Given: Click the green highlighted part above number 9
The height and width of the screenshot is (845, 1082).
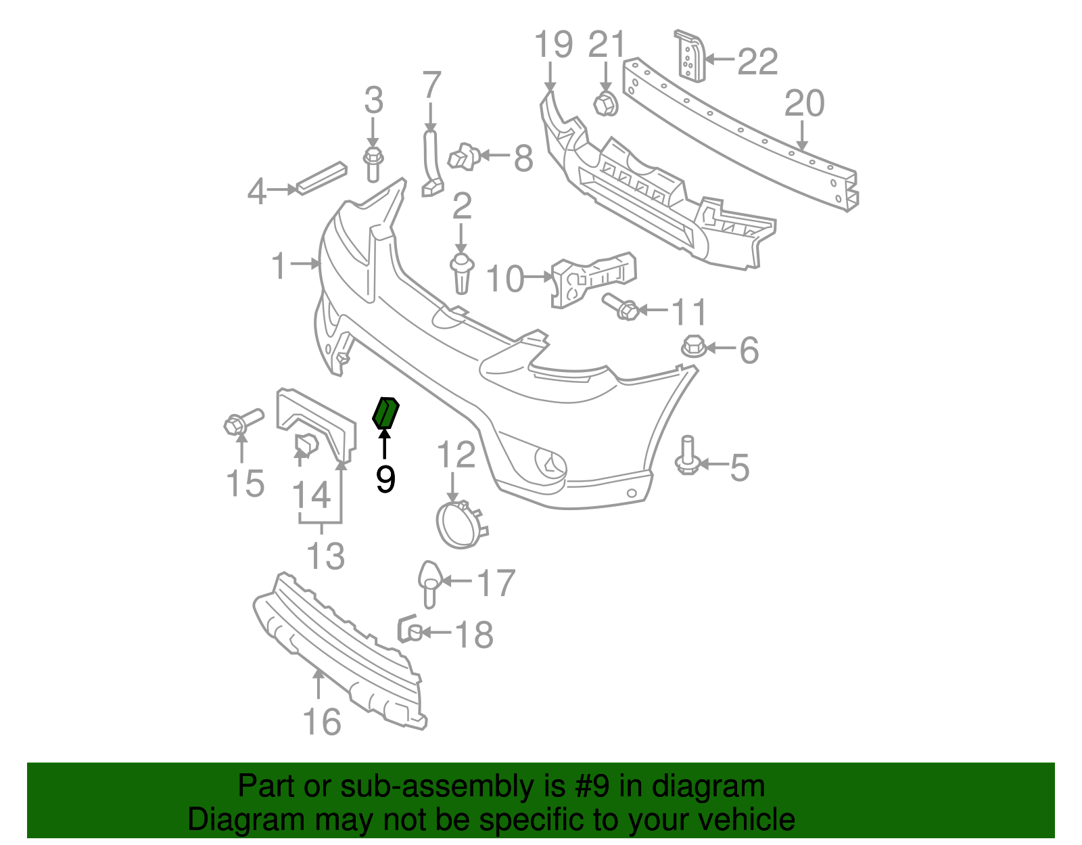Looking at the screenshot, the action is pos(386,413).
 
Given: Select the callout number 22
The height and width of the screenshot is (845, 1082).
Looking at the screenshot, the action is pos(757,62).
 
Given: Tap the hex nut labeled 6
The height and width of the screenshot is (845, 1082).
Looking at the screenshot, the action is pos(694,346).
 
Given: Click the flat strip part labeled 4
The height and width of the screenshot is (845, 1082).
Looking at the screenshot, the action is pos(321,178).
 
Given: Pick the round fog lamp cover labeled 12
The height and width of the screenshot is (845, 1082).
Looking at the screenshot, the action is pos(462,524).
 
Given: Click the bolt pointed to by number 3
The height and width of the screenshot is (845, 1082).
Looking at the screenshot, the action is pos(373,164).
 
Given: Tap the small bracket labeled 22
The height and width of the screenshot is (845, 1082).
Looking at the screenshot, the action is pos(690,55).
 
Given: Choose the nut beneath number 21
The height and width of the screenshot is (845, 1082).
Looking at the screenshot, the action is pos(605,104).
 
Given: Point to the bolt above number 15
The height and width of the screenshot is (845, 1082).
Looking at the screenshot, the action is pos(243,421).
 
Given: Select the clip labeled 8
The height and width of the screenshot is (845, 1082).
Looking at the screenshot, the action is pos(464,157).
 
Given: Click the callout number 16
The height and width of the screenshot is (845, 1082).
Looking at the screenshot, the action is pos(322,722).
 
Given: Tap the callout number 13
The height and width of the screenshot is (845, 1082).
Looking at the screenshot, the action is pos(326,555).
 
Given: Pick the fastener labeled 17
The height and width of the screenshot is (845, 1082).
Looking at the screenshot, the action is pos(429,584).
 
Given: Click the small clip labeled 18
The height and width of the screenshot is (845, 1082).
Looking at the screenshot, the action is pos(410,629).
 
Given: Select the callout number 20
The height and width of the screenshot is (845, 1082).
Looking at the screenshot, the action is pos(805,104).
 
